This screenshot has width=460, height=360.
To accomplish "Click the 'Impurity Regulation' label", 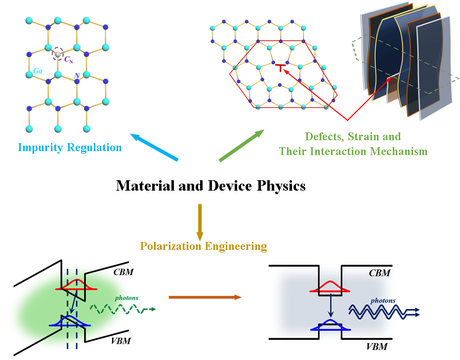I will (x=70, y=147).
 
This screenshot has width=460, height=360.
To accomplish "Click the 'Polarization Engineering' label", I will (x=204, y=246).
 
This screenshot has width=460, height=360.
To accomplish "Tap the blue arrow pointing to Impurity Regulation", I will (x=153, y=147).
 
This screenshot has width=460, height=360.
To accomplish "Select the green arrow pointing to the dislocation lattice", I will (x=242, y=146).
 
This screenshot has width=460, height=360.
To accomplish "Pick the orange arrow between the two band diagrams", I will (x=205, y=297).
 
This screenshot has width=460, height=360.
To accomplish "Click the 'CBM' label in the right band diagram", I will (x=380, y=272).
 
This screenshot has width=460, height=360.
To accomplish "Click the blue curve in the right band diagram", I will (x=331, y=325).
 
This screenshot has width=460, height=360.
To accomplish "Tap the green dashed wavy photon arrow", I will (x=121, y=309).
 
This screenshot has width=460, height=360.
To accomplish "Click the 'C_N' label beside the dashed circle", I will (x=69, y=59).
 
